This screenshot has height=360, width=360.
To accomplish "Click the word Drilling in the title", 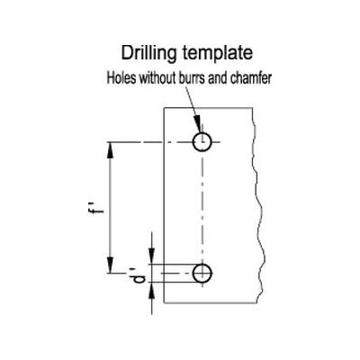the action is click(x=148, y=54).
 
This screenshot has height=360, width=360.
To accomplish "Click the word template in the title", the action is click(x=218, y=53).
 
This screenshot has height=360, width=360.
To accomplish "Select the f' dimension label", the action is click(x=95, y=208).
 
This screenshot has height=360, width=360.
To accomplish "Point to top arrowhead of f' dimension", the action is click(x=111, y=150).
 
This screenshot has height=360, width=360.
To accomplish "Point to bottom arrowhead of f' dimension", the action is click(x=111, y=265).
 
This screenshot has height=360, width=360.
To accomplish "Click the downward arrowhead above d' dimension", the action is click(x=152, y=256).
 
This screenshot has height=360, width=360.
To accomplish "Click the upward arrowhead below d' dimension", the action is click(x=152, y=291).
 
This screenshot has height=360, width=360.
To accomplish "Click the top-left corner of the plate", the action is click(x=164, y=108).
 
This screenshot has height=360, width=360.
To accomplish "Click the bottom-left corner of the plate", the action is click(x=164, y=303).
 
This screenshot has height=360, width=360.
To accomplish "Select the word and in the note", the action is click(x=218, y=78).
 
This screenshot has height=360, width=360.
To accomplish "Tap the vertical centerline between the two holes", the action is click(x=202, y=207).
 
